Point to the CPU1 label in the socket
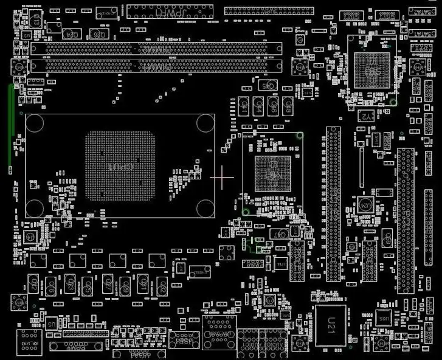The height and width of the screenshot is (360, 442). click(x=120, y=165)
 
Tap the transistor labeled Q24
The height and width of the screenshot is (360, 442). click(x=71, y=34)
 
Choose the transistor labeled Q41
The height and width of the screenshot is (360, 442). click(x=245, y=107)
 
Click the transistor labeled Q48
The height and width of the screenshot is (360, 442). click(x=289, y=107)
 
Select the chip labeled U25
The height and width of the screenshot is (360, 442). click(x=382, y=317)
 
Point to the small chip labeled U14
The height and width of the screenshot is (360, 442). click(x=280, y=264)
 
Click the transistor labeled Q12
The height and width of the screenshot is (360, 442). click(x=162, y=285)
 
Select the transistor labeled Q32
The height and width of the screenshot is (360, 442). click(x=51, y=285)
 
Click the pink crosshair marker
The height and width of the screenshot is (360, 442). click(x=222, y=176)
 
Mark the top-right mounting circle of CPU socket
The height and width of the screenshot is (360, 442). click(x=205, y=123)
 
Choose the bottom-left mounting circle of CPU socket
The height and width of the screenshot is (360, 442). click(x=35, y=209)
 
